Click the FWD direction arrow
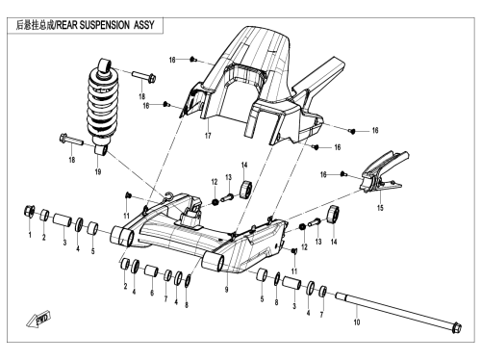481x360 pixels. [38, 319]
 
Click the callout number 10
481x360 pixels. [357, 322]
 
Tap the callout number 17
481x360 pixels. [208, 136]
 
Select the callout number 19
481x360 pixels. [98, 172]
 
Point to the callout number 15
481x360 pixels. [380, 208]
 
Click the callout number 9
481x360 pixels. [227, 290]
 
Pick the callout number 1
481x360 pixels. [30, 235]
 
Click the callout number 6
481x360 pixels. [152, 293]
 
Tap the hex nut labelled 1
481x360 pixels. [30, 212]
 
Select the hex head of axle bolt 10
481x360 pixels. [457, 328]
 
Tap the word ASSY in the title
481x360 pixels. [144, 25]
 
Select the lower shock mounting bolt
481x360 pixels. [71, 140]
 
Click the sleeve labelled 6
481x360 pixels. [151, 270]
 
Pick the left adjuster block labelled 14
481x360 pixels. [246, 190]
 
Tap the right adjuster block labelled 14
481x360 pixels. [333, 215]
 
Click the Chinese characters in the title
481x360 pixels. [36, 25]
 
